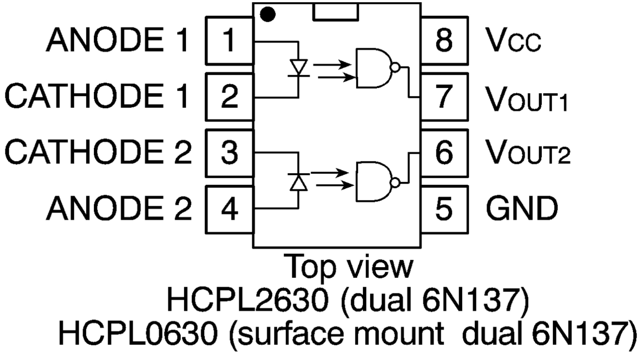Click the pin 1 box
(x=229, y=41)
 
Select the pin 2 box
(x=229, y=97)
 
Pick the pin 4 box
(x=229, y=210)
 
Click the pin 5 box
(x=444, y=210)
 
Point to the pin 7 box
(x=444, y=97)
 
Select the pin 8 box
(x=444, y=41)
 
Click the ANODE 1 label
(x=116, y=41)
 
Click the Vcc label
(x=513, y=42)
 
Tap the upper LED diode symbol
(x=298, y=68)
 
